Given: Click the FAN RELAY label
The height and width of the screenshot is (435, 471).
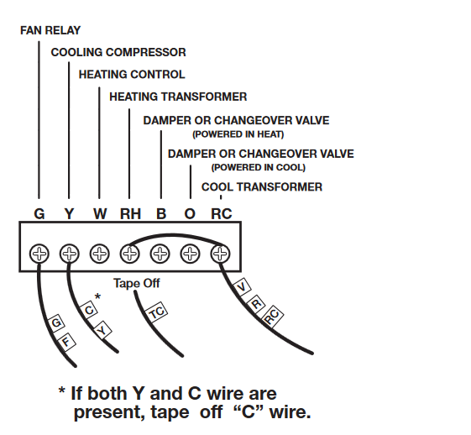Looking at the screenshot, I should (x=50, y=30).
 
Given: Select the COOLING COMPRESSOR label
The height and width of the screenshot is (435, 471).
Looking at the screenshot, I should (x=118, y=52).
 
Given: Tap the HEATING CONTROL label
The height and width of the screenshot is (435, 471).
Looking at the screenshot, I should (x=132, y=74).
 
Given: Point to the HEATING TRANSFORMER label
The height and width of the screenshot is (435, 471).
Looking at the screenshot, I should (x=178, y=97).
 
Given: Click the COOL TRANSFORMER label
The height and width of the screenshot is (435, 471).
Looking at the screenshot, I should (x=262, y=186).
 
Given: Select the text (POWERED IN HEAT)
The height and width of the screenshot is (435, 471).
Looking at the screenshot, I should (x=238, y=134).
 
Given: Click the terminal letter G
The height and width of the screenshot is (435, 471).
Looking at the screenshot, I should (x=39, y=214).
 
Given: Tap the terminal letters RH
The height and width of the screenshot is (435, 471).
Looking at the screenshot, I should (x=130, y=214).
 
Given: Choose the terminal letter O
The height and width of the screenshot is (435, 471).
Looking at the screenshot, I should (x=190, y=214).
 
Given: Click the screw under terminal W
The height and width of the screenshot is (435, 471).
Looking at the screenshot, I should (x=100, y=252).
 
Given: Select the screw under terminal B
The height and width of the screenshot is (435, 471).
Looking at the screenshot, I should (x=160, y=252).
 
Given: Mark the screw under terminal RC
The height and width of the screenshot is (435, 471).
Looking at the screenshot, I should (x=220, y=252).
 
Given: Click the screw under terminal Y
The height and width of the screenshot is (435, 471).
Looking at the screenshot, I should (x=70, y=252).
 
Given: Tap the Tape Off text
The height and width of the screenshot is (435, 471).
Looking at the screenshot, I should (x=136, y=283).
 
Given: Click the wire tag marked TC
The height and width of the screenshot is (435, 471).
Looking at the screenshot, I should (x=156, y=313).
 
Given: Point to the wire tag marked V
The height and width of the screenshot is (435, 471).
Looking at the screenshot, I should (x=243, y=287).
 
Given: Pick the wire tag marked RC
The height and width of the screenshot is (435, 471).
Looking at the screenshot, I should (x=271, y=317).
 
